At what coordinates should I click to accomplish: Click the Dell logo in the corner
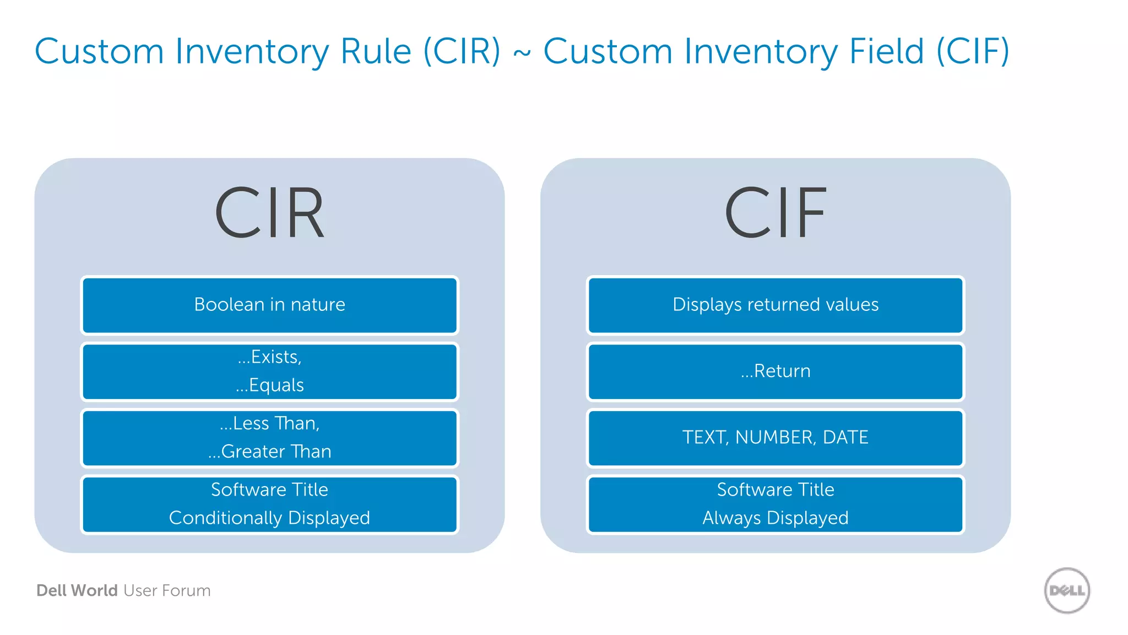pyautogui.click(x=1067, y=590)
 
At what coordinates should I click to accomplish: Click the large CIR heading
pyautogui.click(x=269, y=213)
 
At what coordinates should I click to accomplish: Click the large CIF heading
pyautogui.click(x=775, y=213)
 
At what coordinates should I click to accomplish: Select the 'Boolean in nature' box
pyautogui.click(x=269, y=305)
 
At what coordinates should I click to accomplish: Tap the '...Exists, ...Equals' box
pyautogui.click(x=269, y=372)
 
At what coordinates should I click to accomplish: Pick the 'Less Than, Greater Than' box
pyautogui.click(x=269, y=438)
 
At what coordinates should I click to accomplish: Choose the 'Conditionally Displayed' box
pyautogui.click(x=269, y=504)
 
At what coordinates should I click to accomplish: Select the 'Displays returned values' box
pyautogui.click(x=775, y=305)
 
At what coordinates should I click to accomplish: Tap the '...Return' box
pyautogui.click(x=775, y=372)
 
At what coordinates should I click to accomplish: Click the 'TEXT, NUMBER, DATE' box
pyautogui.click(x=775, y=438)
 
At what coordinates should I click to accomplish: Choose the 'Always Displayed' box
pyautogui.click(x=775, y=504)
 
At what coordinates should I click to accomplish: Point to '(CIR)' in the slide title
pyautogui.click(x=462, y=51)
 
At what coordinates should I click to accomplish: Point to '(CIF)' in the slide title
pyautogui.click(x=973, y=51)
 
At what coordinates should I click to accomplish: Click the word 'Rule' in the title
pyautogui.click(x=376, y=51)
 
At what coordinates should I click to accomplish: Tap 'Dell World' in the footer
pyautogui.click(x=77, y=590)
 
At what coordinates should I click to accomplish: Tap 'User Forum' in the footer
pyautogui.click(x=167, y=590)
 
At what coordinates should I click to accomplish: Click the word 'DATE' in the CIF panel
pyautogui.click(x=845, y=438)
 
